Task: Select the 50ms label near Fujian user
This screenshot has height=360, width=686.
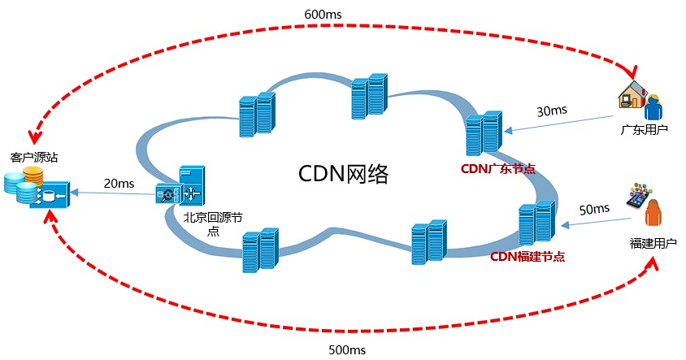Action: coord(594,209)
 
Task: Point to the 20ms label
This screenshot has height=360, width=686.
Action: coord(119,184)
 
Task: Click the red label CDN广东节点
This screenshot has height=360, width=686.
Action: coord(497,169)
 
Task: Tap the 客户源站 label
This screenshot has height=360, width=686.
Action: coord(34,155)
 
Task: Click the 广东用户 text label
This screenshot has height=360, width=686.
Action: coord(644,128)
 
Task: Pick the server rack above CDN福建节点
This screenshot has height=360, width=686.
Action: coord(536,222)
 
